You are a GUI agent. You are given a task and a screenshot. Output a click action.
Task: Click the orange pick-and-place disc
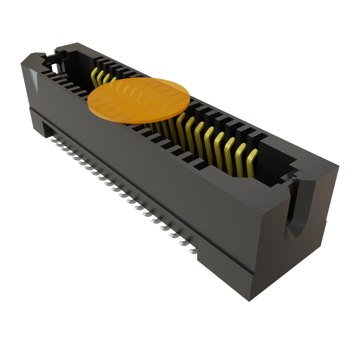(x=139, y=101)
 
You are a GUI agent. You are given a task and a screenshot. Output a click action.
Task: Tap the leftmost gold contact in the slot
(x=94, y=78)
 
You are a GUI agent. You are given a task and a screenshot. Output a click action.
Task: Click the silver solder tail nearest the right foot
(x=192, y=251)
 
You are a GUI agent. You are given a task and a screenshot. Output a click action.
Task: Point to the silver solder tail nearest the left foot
(x=53, y=140)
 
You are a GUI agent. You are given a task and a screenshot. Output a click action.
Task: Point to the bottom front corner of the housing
(x=249, y=301)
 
